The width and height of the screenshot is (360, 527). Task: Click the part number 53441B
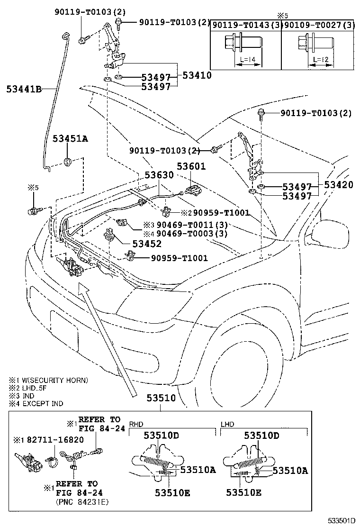[x=24, y=88]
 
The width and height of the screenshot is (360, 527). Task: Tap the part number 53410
[x=197, y=75]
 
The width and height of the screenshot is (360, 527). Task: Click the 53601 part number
[x=191, y=166]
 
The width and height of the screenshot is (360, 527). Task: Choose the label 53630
[x=159, y=175]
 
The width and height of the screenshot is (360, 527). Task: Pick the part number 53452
[x=147, y=244]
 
